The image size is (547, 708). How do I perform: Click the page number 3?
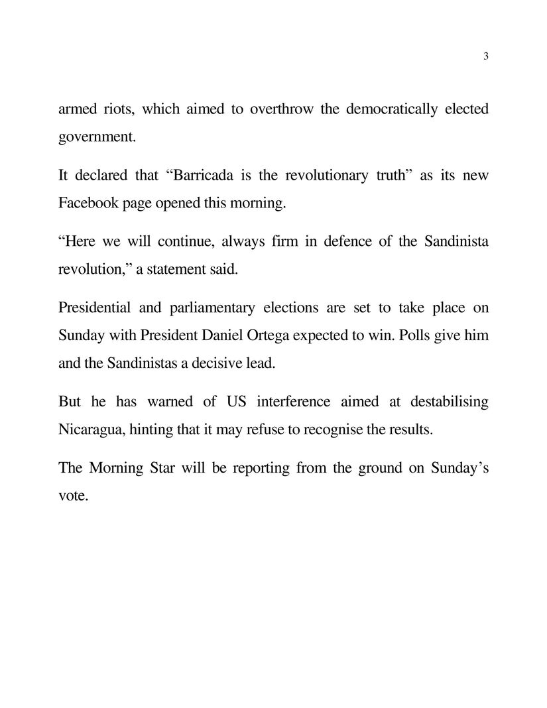click(x=486, y=56)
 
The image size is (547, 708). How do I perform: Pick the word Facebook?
click(x=86, y=203)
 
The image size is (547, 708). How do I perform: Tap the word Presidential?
click(x=96, y=308)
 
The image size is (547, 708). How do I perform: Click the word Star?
click(x=162, y=468)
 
